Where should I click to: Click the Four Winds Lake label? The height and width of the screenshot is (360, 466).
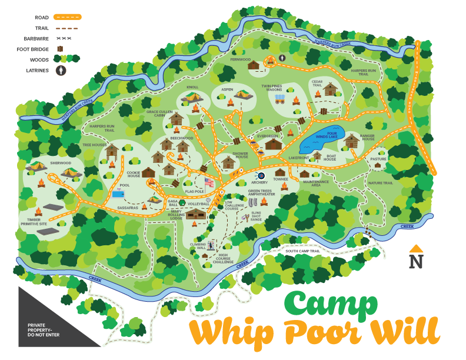328,135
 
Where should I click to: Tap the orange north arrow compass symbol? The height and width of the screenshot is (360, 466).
416,249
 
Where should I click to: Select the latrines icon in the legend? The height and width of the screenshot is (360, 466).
61,70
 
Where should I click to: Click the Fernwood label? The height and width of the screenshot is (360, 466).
240,59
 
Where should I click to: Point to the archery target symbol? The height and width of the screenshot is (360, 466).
261,175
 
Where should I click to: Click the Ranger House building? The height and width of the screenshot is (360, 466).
351,141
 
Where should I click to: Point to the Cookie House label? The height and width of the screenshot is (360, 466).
134,175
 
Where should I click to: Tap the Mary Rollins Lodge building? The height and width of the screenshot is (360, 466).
195,216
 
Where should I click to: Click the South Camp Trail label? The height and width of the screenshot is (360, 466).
302,251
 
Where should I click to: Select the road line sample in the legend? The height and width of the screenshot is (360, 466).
67,17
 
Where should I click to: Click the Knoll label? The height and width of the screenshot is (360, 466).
192,87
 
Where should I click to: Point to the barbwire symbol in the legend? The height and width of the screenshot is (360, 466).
63,38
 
